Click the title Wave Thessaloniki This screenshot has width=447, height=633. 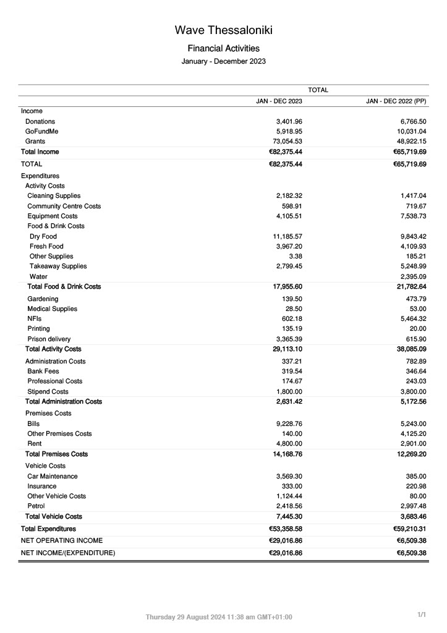(223, 30)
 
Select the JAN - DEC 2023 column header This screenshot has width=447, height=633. (279, 101)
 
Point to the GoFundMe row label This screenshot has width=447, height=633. (42, 132)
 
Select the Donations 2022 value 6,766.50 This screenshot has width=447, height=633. (409, 122)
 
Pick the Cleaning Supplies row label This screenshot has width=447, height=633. (54, 196)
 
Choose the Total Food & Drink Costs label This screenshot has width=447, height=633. (64, 287)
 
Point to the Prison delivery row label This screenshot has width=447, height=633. (49, 339)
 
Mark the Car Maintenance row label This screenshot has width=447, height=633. (53, 477)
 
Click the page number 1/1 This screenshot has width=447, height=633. (422, 615)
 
